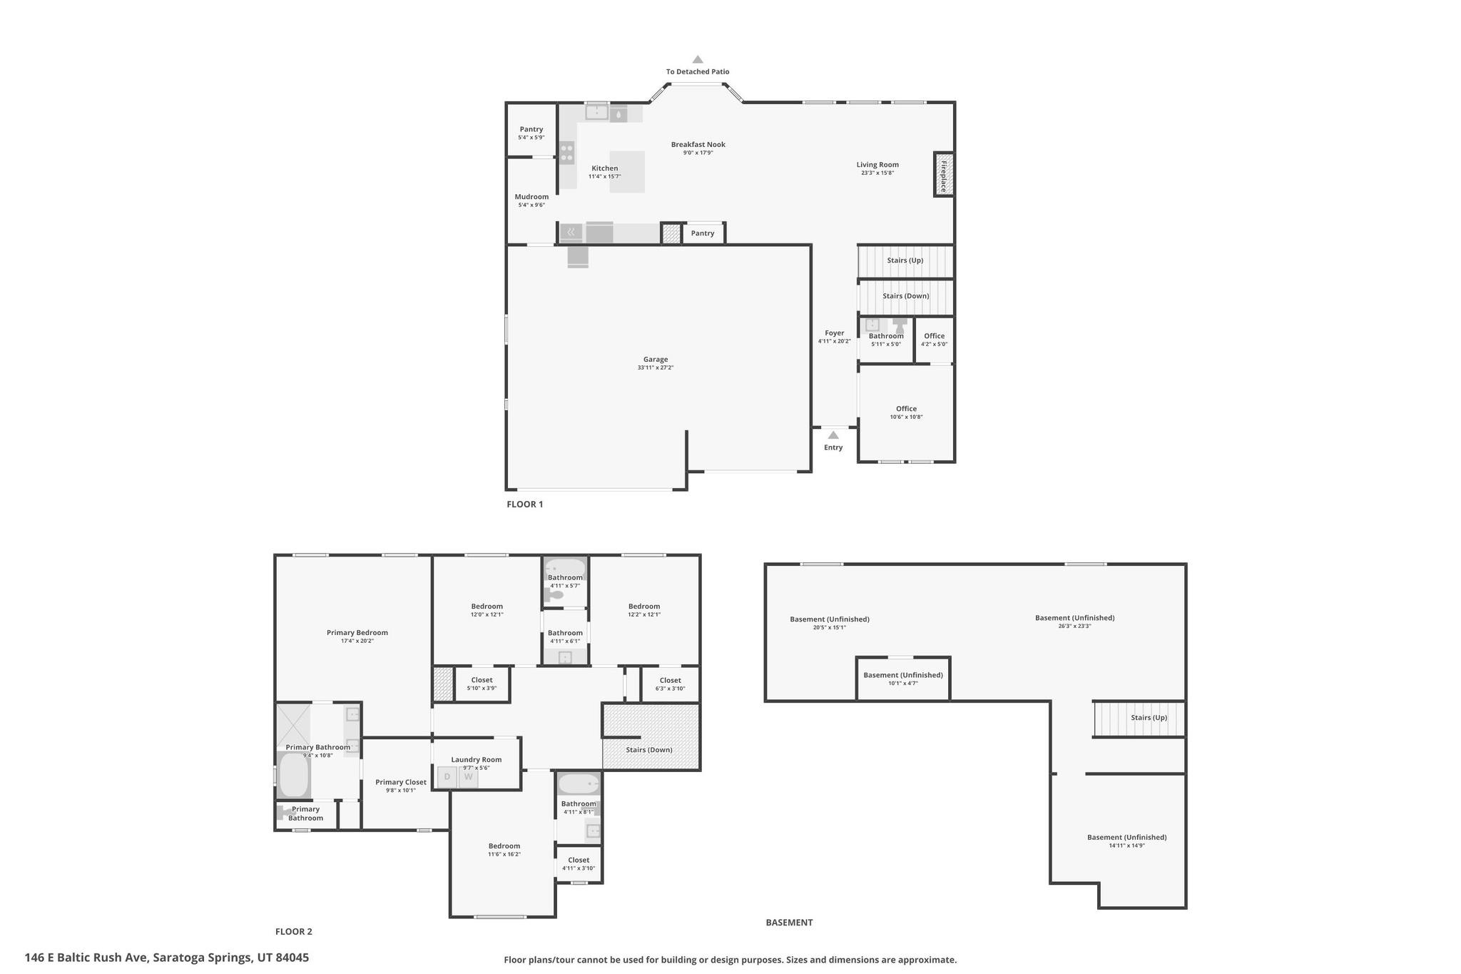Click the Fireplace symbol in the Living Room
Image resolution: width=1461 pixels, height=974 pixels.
pos(943,175)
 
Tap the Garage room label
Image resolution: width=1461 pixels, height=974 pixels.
pos(656,360)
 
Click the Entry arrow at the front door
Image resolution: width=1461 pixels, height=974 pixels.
pos(833,435)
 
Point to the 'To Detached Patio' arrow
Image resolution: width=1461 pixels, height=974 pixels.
pos(698,60)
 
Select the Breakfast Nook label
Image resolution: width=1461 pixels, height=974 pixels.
pos(698,145)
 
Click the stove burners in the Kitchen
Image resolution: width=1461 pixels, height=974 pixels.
pos(566,153)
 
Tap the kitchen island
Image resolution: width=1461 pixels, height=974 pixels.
pos(627,171)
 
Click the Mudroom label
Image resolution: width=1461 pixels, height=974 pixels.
pos(531,198)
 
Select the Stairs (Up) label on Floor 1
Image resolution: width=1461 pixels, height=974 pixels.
pos(905,260)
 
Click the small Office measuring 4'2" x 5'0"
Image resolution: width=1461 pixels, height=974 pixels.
pos(934,337)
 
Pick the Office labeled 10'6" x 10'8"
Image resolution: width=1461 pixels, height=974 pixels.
pos(906,410)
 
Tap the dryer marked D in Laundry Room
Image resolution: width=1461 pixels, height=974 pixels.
pos(447,777)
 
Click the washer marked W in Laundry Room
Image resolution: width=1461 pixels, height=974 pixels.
pos(469,777)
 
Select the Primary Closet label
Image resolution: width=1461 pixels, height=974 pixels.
pos(401,783)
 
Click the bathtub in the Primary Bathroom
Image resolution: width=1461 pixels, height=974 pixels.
pos(293,776)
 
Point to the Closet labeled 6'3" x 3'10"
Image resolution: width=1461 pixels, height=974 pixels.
pos(670,681)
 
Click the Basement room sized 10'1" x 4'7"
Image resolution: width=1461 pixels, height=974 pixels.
pos(902,676)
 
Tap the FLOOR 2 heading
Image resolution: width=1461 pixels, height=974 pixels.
pos(294,931)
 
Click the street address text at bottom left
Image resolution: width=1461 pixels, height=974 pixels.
pos(167,958)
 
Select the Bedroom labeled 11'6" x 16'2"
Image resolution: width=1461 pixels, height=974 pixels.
pos(504,847)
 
